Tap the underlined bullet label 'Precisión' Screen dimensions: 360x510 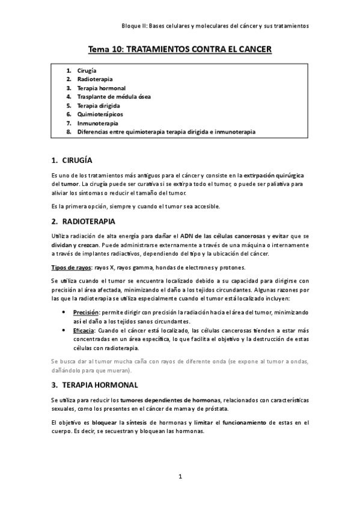(x=85, y=313)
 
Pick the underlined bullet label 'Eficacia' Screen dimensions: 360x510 (x=84, y=331)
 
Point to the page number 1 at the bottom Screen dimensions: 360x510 (x=180, y=477)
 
